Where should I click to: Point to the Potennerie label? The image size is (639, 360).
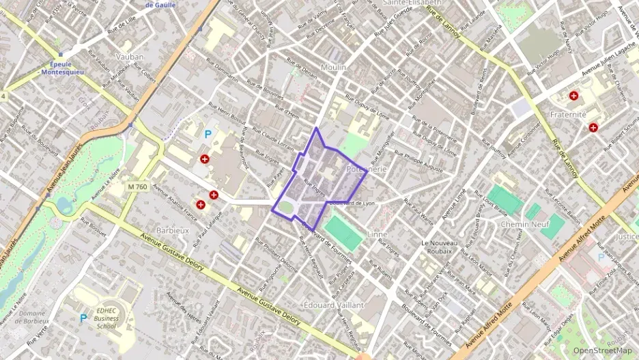(x=367, y=168)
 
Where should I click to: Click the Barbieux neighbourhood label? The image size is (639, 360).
(x=172, y=230)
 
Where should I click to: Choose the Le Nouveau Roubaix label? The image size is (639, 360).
(x=445, y=247)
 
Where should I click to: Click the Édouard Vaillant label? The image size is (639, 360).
(x=333, y=305)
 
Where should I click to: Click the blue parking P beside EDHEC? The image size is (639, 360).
(x=83, y=318)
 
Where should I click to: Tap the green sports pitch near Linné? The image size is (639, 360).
(x=343, y=234)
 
